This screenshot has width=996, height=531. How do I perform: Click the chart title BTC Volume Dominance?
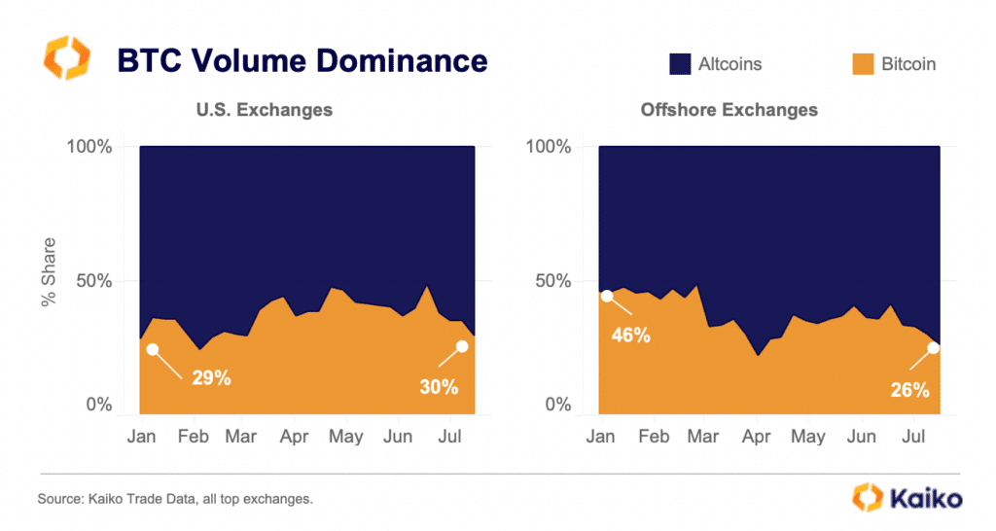coord(302,60)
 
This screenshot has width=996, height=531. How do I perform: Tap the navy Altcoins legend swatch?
coord(678,64)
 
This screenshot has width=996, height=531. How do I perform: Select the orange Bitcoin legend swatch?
coord(862,64)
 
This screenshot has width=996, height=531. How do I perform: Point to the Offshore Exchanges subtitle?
coord(729,110)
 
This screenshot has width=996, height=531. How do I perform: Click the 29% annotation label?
coord(209,378)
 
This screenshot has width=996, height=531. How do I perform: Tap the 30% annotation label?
coord(438,386)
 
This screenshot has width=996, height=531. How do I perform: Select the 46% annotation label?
coord(631,336)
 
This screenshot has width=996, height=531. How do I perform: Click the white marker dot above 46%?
coord(607,296)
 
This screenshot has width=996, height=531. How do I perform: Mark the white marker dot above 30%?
coord(461,346)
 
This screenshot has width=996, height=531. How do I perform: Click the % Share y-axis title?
coord(49,272)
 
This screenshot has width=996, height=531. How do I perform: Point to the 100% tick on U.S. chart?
coord(89,148)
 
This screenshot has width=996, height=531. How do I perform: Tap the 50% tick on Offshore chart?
coord(552,282)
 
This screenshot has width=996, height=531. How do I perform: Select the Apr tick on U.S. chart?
coord(294,438)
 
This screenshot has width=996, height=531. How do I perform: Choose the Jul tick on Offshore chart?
coord(913,438)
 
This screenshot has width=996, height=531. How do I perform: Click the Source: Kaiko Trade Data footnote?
coord(175,499)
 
